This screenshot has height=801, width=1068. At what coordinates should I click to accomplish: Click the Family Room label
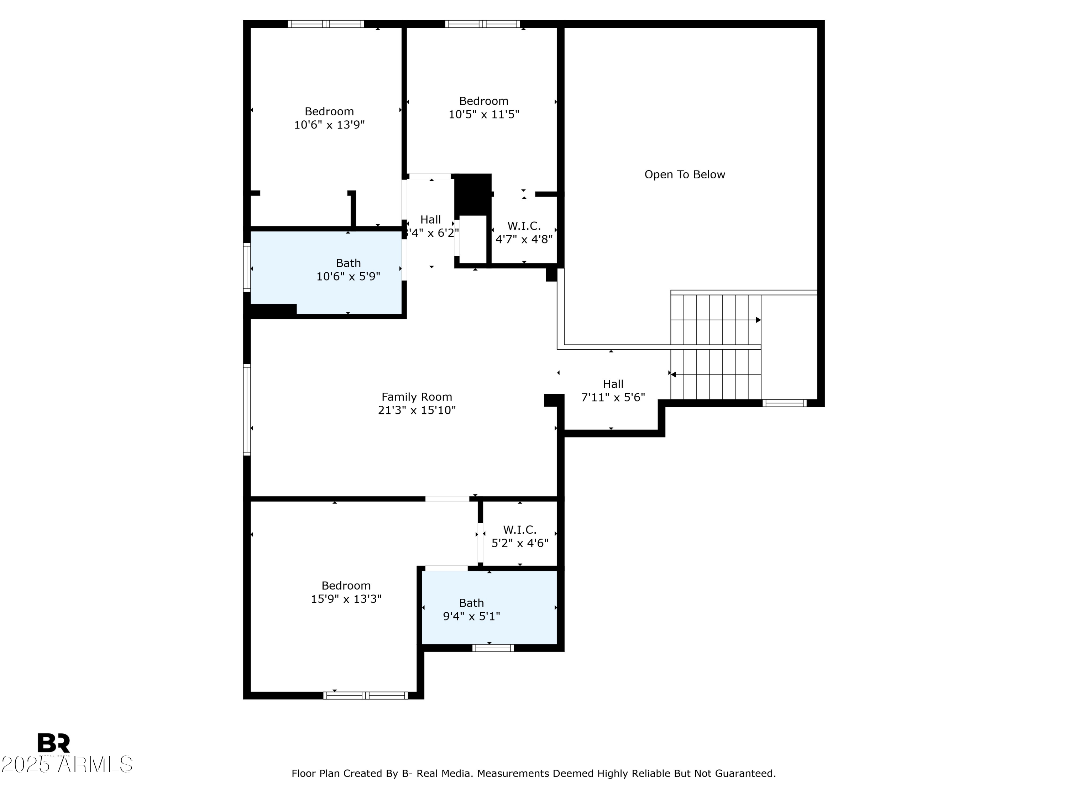click(x=417, y=397)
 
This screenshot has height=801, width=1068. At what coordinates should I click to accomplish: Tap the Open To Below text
click(x=684, y=175)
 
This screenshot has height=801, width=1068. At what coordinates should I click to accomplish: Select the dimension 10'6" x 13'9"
click(x=329, y=125)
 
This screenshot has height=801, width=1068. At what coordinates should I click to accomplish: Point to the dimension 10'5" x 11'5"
click(x=484, y=114)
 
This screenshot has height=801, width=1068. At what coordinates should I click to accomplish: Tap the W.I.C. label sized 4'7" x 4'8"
click(x=524, y=226)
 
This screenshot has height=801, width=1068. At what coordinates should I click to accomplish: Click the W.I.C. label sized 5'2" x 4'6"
click(x=519, y=530)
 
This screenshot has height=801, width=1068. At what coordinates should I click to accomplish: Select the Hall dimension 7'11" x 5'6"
click(x=613, y=397)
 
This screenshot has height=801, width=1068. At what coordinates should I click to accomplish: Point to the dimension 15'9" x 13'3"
click(x=346, y=599)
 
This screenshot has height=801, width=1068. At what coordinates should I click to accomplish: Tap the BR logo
click(x=54, y=743)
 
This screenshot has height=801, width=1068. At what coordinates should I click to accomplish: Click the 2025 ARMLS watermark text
click(x=67, y=765)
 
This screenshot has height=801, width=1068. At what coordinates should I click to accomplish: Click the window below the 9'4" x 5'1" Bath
click(x=492, y=648)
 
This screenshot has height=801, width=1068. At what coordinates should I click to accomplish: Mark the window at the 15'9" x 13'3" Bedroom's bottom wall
click(x=366, y=695)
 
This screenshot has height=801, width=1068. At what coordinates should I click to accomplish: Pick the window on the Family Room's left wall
click(x=247, y=409)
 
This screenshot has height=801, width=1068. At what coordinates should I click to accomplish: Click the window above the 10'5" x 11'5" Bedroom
click(x=482, y=23)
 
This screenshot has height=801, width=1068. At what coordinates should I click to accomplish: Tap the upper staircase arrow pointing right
click(x=758, y=320)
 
